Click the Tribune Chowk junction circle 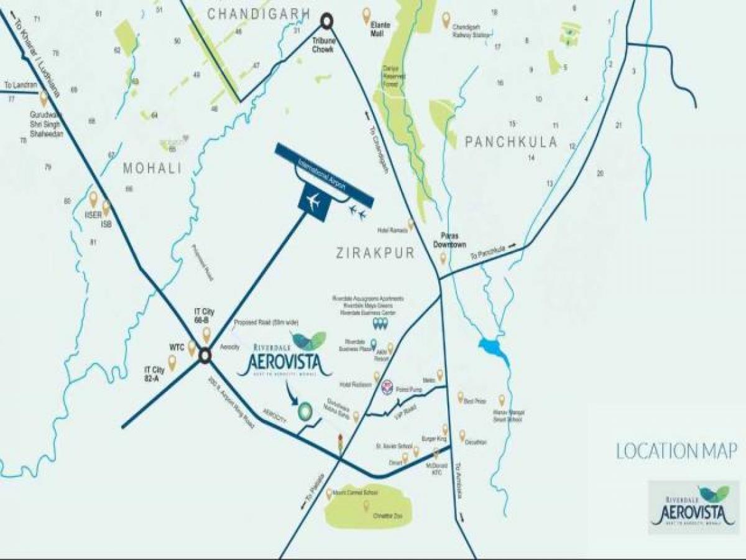326,22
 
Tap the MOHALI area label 152,168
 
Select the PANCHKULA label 511,142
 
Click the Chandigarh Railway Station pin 446,20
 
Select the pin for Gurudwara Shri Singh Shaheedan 44,98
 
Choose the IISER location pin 93,199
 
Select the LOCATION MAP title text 676,450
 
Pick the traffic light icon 340,444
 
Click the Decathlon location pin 462,434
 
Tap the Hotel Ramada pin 410,223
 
